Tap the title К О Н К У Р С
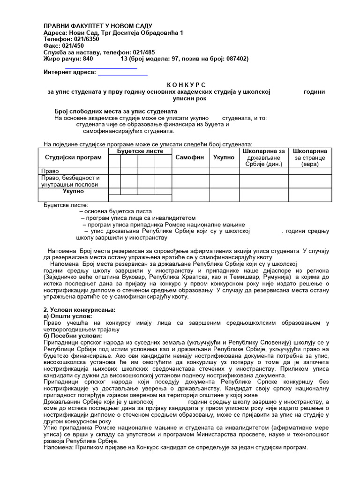186,84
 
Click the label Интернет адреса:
69,72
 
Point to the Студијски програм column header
73,157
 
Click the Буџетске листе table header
140,151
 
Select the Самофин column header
189,157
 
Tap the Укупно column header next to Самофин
224,157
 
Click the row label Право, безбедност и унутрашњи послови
71,181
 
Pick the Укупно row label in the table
73,191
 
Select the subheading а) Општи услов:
66,316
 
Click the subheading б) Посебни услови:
72,336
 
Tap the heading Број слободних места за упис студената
116,112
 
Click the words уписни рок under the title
186,98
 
